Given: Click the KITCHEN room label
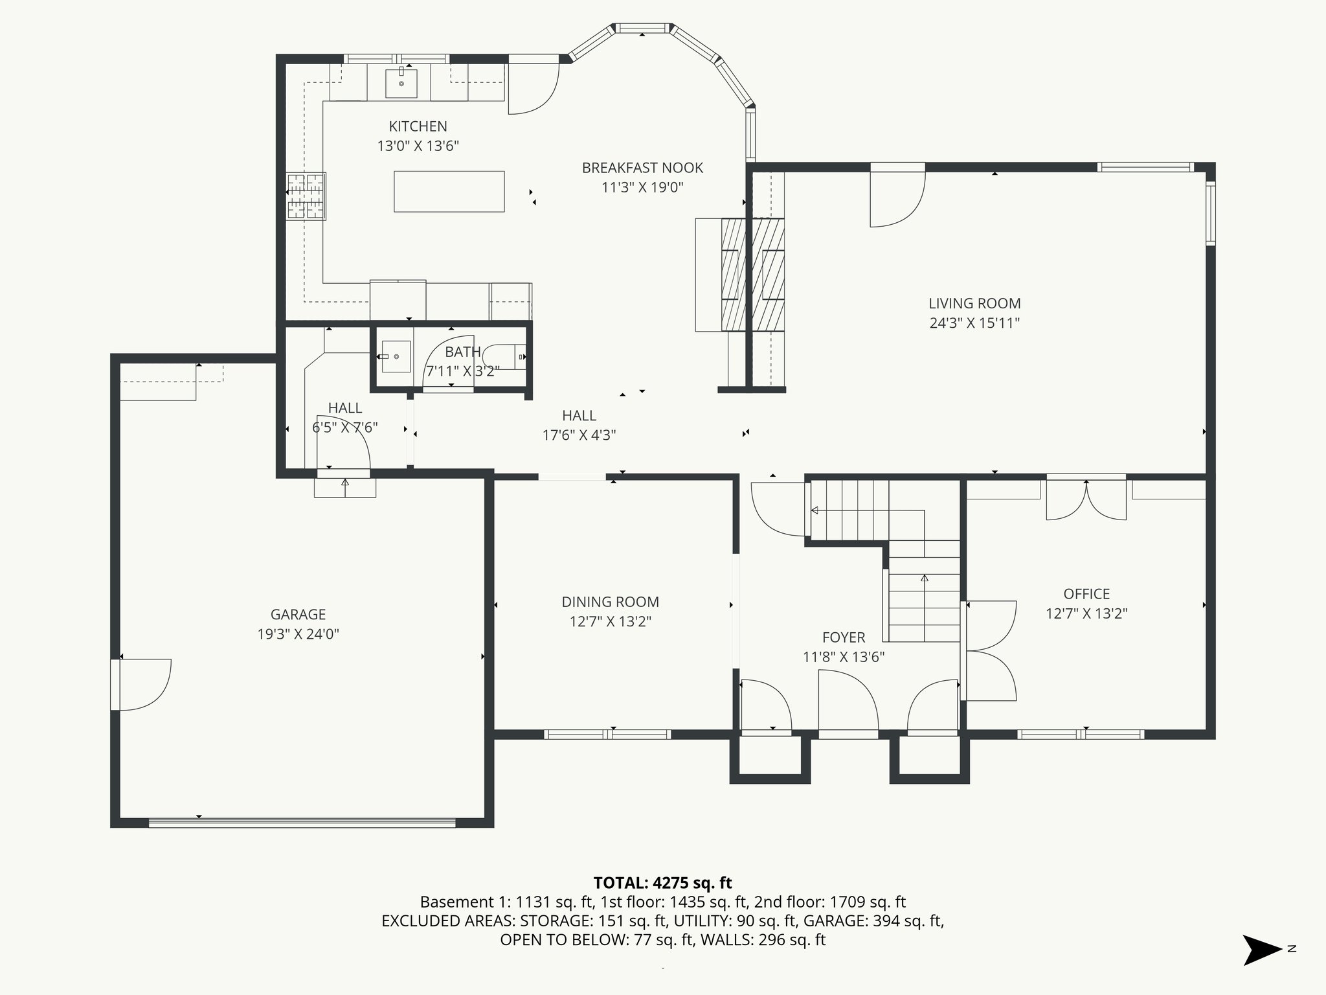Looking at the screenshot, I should [418, 126].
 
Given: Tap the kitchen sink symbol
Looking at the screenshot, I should [401, 82].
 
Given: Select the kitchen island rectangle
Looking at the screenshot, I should [449, 191].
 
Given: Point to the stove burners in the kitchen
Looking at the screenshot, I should [306, 196].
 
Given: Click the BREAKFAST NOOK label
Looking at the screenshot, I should [642, 168].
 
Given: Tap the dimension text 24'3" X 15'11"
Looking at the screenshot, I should [974, 323].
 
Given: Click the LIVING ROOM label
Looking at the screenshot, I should [974, 303].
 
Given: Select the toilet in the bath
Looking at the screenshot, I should [505, 356].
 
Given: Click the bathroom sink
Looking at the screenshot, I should [396, 356].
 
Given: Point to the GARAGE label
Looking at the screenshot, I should [298, 614].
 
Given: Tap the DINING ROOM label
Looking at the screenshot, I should [610, 602].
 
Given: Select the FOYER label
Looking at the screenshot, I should [844, 637].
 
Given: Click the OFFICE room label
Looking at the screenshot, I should [1086, 594].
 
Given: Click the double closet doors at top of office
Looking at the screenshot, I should [1086, 500].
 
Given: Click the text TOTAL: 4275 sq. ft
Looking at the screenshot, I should [662, 883].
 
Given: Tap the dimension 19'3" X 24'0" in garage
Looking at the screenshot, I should [298, 634].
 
